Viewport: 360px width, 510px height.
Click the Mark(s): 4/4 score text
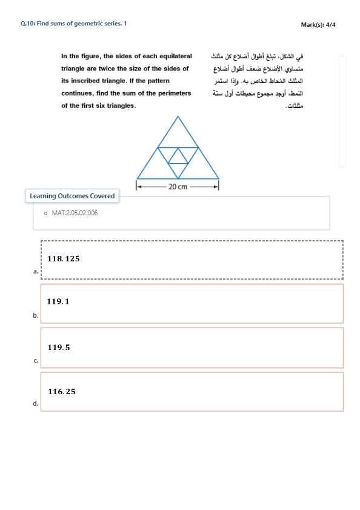click(x=318, y=24)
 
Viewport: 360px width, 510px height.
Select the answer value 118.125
click(x=64, y=258)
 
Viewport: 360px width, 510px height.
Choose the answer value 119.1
click(x=58, y=301)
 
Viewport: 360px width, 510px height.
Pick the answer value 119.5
click(x=59, y=347)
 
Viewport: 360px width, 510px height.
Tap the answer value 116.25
click(x=62, y=392)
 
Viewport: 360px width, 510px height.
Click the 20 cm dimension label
click(x=178, y=187)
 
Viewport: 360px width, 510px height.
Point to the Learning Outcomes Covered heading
click(x=72, y=196)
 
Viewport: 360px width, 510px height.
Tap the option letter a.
click(x=35, y=272)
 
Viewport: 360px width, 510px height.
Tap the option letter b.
click(x=35, y=315)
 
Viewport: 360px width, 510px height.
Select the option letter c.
click(x=35, y=361)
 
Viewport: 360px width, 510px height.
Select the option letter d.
click(x=35, y=403)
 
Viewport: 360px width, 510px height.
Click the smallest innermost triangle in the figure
click(x=178, y=158)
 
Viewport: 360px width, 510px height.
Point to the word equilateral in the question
click(x=174, y=56)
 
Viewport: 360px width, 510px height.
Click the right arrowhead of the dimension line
click(x=216, y=187)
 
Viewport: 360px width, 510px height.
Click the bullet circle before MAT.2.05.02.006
click(x=45, y=213)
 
